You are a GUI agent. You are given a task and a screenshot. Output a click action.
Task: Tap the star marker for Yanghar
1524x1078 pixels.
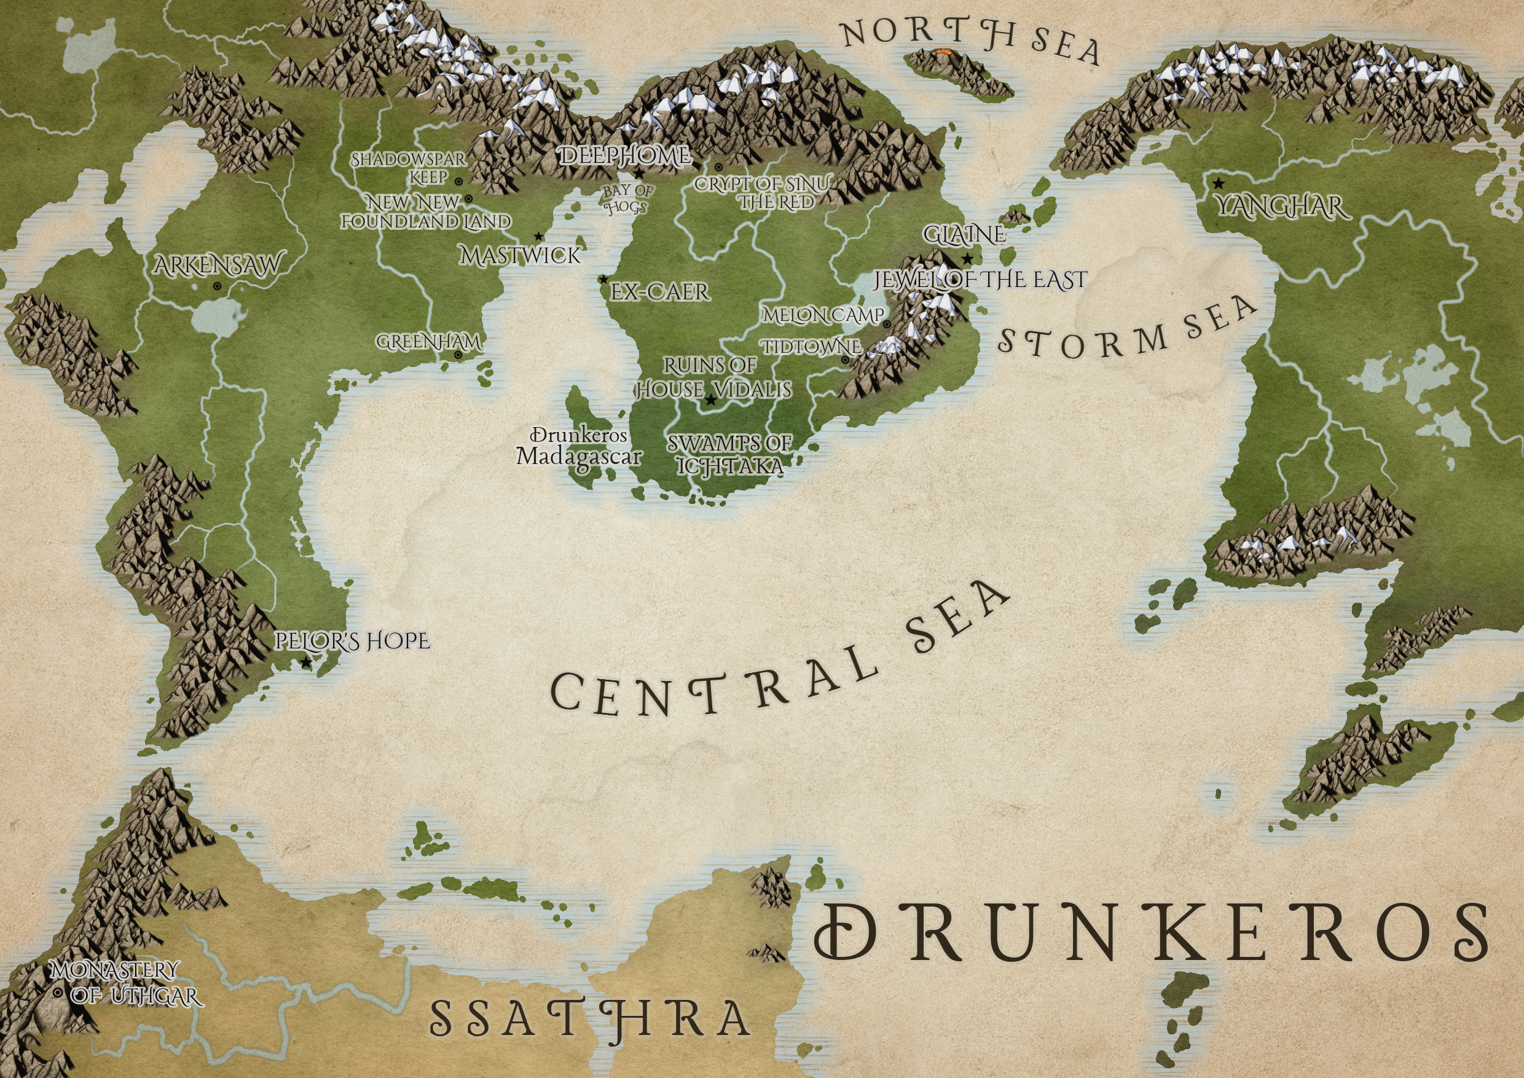(x=1218, y=183)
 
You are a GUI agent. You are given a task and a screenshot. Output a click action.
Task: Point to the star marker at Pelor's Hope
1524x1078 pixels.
(x=306, y=663)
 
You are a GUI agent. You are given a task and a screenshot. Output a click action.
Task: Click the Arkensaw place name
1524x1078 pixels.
(x=217, y=266)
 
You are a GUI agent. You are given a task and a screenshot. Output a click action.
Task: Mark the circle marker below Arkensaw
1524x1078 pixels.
(x=217, y=286)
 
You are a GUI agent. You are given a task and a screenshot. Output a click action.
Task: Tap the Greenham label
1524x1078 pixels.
(x=429, y=342)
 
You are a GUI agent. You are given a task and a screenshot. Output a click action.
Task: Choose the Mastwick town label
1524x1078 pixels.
(x=520, y=256)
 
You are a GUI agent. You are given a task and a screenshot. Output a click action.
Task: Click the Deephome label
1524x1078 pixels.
(x=624, y=157)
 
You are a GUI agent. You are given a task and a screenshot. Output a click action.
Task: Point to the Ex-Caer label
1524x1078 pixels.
(x=660, y=291)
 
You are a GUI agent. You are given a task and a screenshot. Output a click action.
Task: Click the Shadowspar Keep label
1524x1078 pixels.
(x=409, y=168)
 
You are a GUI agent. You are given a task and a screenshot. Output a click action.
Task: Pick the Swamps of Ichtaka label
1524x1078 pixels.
(x=729, y=454)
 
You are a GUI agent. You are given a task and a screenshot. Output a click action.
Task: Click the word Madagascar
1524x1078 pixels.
(x=579, y=457)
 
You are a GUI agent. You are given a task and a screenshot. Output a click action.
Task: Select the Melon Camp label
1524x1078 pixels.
(x=823, y=315)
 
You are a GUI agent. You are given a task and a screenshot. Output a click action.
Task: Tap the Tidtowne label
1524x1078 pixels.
(x=811, y=347)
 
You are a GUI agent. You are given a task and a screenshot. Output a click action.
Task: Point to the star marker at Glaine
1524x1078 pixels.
(x=968, y=258)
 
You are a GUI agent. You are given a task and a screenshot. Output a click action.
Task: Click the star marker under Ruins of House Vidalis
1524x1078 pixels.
(x=711, y=400)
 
